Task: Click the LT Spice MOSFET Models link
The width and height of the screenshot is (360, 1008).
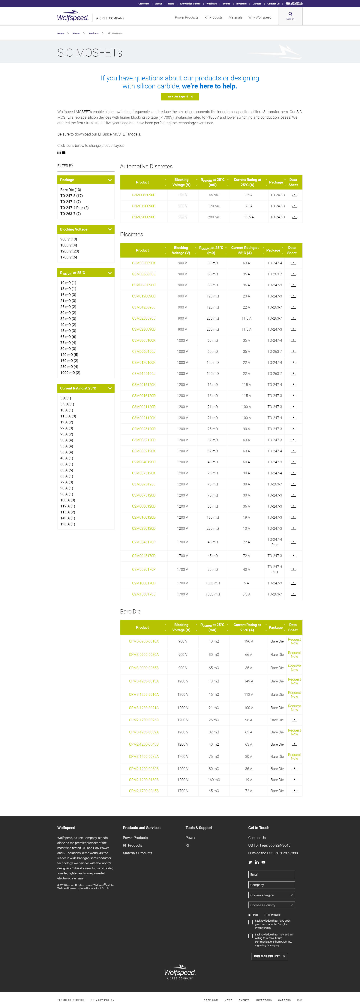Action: point(119,134)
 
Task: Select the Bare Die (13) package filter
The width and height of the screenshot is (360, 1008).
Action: point(70,190)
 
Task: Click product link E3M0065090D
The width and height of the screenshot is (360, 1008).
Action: point(144,195)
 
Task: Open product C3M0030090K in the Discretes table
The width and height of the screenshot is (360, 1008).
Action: point(144,263)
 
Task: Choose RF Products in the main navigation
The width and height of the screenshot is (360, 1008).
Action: point(213,17)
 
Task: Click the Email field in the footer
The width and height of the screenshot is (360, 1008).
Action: point(271,874)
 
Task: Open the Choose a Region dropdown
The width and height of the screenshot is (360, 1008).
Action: point(271,895)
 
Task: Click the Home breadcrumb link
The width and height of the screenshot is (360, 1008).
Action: point(61,33)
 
